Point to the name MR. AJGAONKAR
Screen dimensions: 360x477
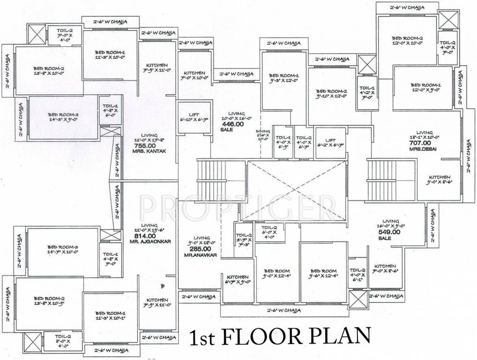point(150,241)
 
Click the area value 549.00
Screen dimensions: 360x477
point(390,232)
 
